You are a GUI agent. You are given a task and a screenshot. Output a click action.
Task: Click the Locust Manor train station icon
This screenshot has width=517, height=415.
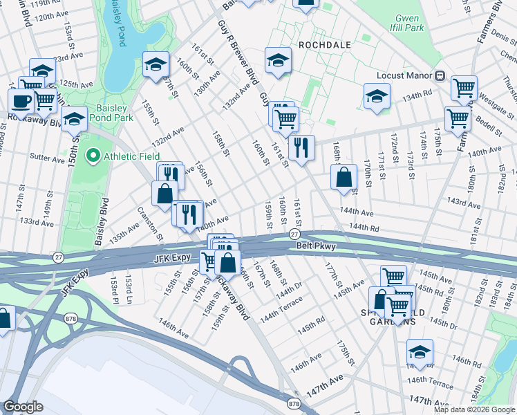click(x=440, y=75)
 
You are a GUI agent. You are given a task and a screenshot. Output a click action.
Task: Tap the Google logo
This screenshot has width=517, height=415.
click(x=23, y=407)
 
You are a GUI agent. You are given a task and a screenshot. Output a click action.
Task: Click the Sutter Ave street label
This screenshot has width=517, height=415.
click(x=48, y=158)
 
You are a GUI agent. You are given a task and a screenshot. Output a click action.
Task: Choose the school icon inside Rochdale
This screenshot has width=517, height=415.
click(x=278, y=60)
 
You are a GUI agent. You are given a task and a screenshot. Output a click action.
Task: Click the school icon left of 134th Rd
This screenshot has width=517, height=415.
click(x=377, y=95)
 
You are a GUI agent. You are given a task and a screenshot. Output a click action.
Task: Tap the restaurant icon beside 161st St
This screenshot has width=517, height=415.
click(x=301, y=147)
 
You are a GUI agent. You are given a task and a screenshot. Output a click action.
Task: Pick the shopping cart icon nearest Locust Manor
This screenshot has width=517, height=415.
click(x=463, y=87)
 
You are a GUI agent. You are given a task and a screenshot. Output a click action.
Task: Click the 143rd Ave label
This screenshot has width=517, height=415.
click(x=463, y=204)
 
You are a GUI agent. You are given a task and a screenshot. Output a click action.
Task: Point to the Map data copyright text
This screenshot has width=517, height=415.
click(x=474, y=409)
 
